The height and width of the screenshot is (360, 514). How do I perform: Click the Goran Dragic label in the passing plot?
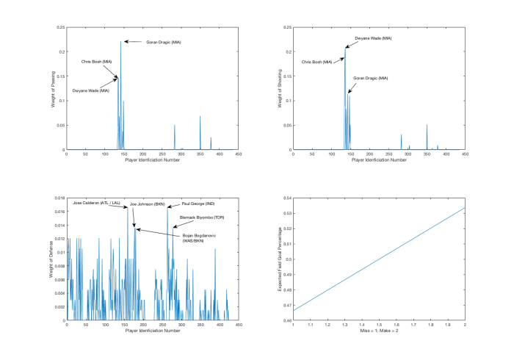click(164, 42)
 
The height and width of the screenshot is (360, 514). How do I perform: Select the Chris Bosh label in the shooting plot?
click(317, 62)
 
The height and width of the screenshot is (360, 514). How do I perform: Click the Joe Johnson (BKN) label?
click(148, 204)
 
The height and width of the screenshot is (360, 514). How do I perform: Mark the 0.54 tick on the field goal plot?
click(287, 198)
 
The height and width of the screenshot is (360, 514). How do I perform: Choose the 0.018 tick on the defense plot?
click(59, 198)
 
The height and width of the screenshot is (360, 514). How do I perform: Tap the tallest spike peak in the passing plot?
click(121, 41)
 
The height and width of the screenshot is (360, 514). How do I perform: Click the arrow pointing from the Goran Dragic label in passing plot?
click(132, 42)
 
